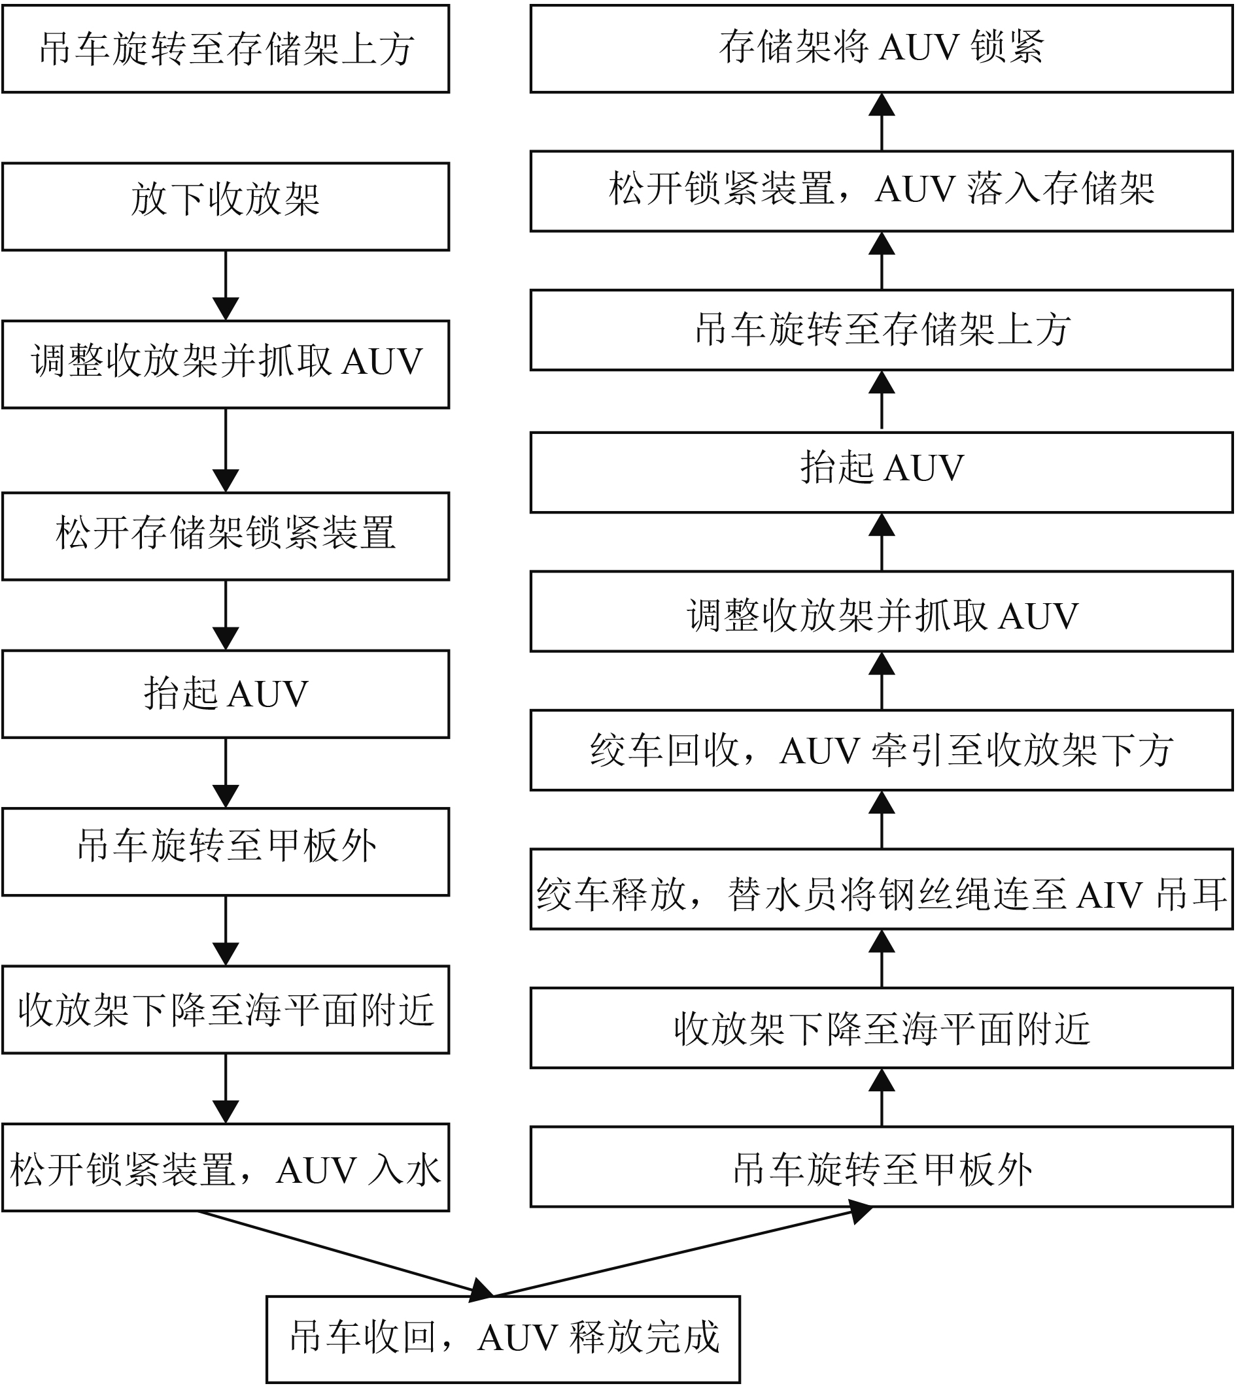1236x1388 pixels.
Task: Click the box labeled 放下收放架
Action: (226, 207)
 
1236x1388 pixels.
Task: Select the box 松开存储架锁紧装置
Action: (226, 536)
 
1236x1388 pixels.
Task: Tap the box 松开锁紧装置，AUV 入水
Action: (226, 1167)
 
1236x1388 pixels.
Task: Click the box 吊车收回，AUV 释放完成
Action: (503, 1339)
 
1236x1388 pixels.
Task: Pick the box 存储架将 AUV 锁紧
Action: (882, 49)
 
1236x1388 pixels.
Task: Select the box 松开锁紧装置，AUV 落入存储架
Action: (882, 191)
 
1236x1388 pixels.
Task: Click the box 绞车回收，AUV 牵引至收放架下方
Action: (882, 750)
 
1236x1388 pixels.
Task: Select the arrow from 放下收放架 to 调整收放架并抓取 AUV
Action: (226, 285)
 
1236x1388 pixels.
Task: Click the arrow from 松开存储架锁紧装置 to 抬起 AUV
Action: (226, 615)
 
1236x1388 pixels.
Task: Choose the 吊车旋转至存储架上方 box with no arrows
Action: (226, 49)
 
